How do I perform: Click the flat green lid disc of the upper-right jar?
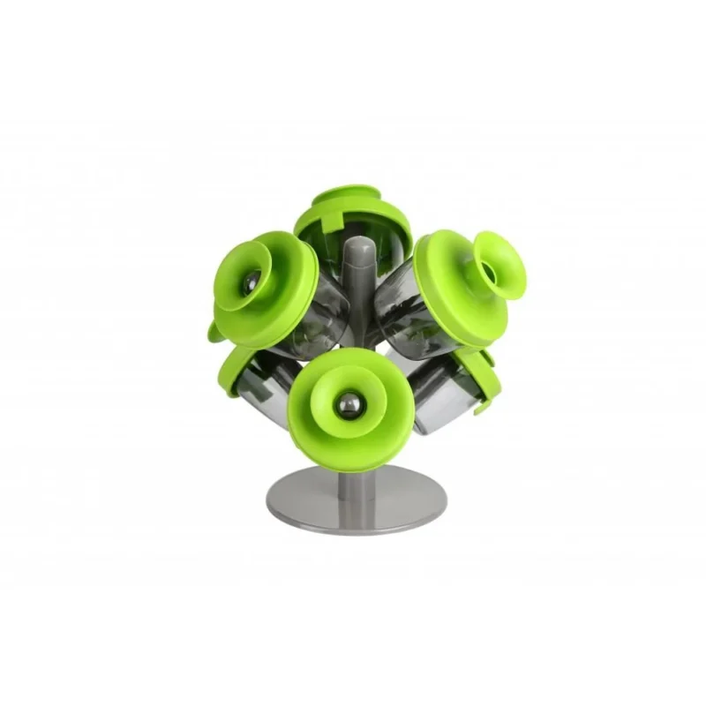[446, 300]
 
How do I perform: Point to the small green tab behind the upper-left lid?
[214, 333]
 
